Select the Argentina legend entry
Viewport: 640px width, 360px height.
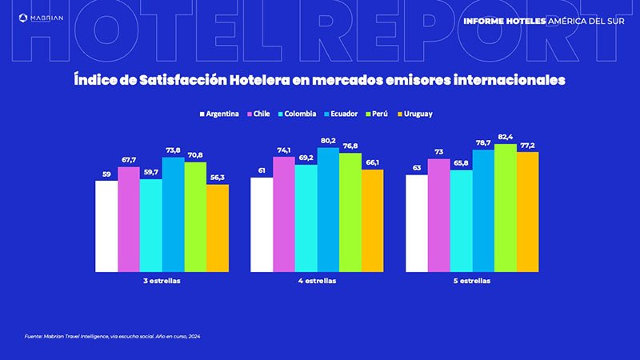[218, 114]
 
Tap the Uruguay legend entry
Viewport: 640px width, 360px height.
[414, 114]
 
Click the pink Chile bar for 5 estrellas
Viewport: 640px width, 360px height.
[438, 215]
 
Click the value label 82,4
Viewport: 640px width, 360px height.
[506, 138]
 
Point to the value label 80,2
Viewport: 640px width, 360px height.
[328, 142]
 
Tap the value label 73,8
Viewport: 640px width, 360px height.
[173, 150]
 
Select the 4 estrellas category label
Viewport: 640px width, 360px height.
[317, 282]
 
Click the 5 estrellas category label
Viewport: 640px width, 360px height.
[472, 282]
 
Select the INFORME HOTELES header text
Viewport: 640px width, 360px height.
[504, 21]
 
